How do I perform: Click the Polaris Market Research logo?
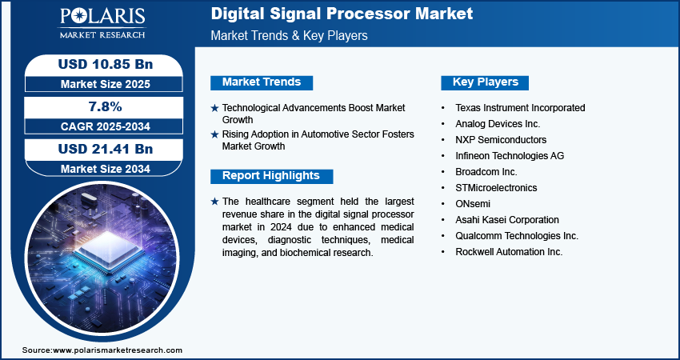tap(102, 23)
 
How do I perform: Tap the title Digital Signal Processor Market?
tap(342, 14)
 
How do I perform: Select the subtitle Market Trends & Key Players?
tap(290, 35)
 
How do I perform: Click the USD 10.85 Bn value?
tap(106, 64)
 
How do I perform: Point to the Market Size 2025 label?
tap(106, 84)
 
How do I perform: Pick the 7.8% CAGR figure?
tap(106, 106)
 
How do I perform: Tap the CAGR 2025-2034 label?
tap(106, 126)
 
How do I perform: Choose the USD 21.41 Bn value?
tap(106, 149)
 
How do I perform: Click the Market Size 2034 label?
tap(106, 169)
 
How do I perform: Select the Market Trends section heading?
tap(262, 82)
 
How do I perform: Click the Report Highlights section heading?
tap(271, 176)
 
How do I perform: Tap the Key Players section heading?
tap(486, 82)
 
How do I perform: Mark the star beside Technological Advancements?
tap(214, 108)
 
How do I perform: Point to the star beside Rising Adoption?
tap(214, 135)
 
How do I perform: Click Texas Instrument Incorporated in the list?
tap(520, 107)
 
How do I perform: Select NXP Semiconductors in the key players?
tap(501, 140)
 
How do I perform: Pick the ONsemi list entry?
tap(473, 204)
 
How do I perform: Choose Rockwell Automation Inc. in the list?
tap(509, 252)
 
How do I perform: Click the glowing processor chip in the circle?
tap(108, 249)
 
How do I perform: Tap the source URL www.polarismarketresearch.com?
tap(118, 350)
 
